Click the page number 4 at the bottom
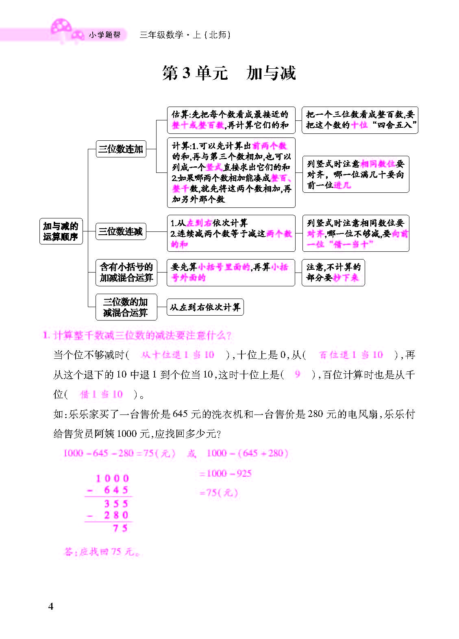coord(51,606)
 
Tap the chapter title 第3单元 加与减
coord(229,73)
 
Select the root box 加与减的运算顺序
coord(61,231)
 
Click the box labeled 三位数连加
coord(121,149)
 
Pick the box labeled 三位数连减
coord(121,231)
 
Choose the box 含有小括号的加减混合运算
coord(126,272)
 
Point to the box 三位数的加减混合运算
coord(125,307)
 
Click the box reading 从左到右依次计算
coord(205,307)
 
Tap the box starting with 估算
coord(231,120)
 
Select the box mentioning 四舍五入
coord(359,120)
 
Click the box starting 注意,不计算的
coord(333,272)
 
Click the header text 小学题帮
coord(104,35)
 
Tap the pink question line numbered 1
coord(137,336)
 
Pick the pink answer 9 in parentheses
coord(298,375)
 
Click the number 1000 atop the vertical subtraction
coord(113,479)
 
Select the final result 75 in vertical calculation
coord(120,528)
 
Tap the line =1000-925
coord(225,473)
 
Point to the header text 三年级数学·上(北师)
coord(185,35)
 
